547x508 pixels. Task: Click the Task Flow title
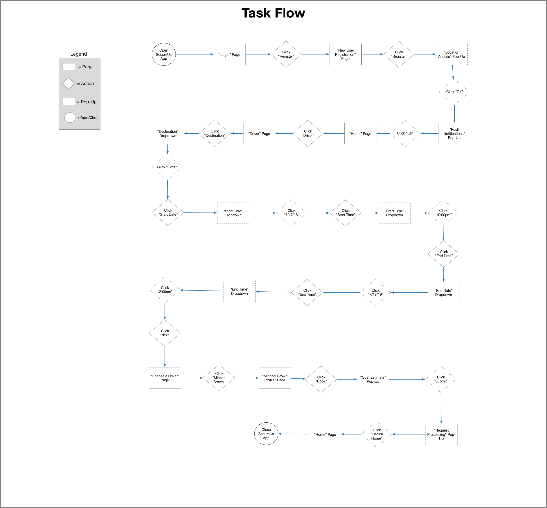[273, 13]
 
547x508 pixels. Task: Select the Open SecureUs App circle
[164, 54]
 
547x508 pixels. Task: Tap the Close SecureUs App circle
[266, 434]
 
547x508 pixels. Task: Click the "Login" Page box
[230, 54]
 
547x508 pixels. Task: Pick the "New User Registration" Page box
[345, 54]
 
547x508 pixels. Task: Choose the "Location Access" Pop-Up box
[451, 54]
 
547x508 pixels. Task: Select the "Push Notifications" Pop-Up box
[454, 134]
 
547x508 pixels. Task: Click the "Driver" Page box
[259, 134]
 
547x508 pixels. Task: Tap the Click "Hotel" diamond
[167, 167]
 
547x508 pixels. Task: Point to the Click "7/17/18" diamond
[291, 213]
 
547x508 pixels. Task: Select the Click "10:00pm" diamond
[443, 213]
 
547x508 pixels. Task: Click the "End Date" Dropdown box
[443, 293]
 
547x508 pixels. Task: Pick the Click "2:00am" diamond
[165, 290]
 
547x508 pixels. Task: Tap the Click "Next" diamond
[165, 333]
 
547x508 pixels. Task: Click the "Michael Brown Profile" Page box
[275, 378]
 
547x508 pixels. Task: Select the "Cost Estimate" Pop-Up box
[373, 379]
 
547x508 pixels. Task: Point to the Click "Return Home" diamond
[377, 434]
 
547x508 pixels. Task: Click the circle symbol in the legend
[70, 117]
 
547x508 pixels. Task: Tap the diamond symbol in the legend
[68, 84]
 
